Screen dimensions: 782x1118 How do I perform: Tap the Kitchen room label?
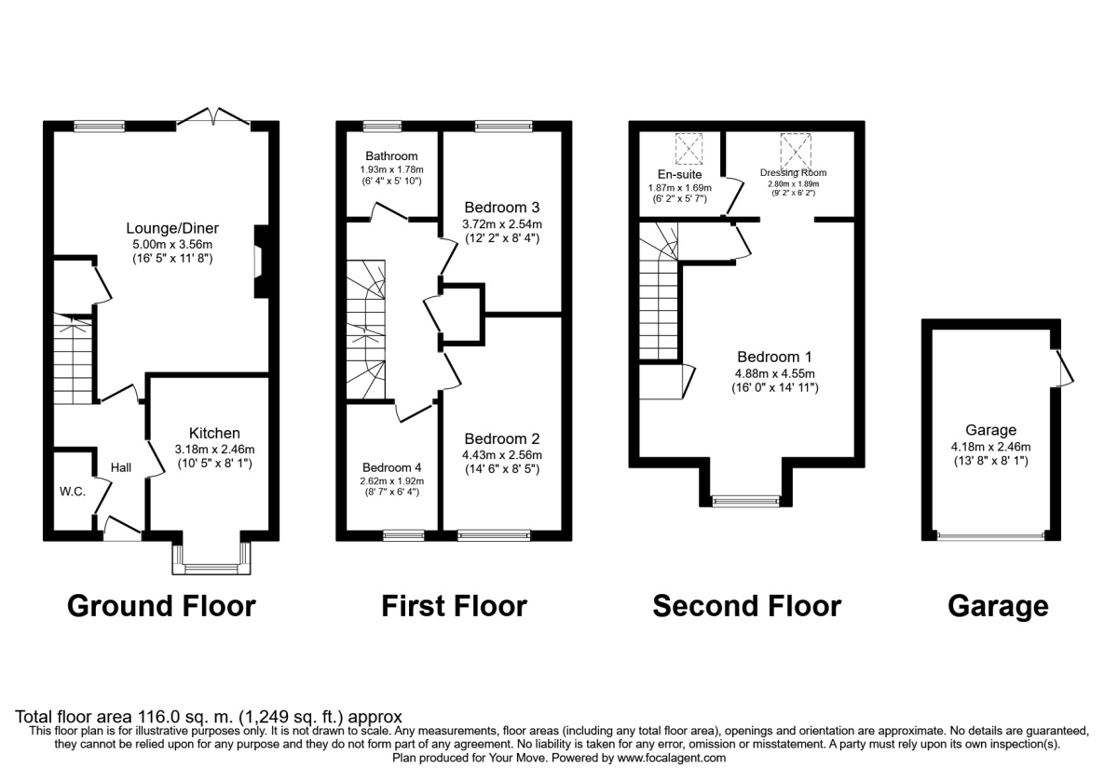coord(214,433)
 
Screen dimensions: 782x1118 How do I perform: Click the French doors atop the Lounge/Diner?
coord(214,116)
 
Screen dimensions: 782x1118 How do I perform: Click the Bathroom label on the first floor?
coord(389,156)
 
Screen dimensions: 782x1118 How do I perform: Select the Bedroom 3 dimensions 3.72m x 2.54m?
coord(503,223)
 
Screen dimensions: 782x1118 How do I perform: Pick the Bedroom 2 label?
coord(503,438)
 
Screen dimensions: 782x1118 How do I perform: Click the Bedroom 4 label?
coord(391,467)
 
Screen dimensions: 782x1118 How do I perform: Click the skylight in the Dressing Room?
coord(795,148)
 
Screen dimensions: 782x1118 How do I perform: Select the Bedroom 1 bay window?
coord(745,500)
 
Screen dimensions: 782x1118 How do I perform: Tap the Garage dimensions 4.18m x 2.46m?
coord(990,446)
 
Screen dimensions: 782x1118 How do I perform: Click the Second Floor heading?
coord(746,607)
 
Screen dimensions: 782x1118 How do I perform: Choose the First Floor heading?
coord(454,607)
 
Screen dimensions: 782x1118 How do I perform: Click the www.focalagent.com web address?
coord(664,759)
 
